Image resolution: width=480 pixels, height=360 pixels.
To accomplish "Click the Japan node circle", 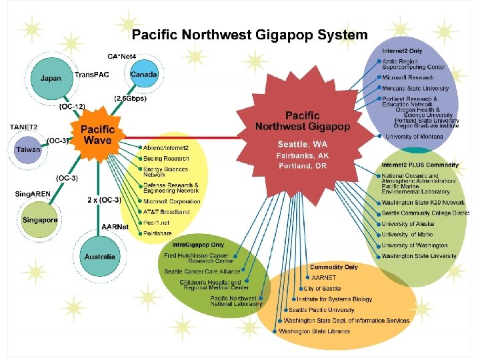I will pyautogui.click(x=51, y=78).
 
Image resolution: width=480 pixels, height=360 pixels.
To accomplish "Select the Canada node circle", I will pyautogui.click(x=144, y=75).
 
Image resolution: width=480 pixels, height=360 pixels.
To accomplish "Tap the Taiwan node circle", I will pyautogui.click(x=28, y=149).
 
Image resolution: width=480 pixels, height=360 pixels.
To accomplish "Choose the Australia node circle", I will pyautogui.click(x=99, y=256).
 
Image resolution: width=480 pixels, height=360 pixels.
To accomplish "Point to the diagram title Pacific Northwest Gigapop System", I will pyautogui.click(x=249, y=35).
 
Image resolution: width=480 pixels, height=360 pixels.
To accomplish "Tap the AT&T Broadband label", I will pyautogui.click(x=166, y=212).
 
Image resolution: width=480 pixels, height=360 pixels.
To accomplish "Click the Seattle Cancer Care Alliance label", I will pyautogui.click(x=203, y=271).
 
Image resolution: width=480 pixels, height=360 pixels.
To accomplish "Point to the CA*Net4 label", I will pyautogui.click(x=122, y=55).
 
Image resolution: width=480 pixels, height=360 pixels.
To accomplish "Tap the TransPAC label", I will pyautogui.click(x=93, y=75).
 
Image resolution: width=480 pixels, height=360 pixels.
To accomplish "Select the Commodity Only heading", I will pyautogui.click(x=333, y=267).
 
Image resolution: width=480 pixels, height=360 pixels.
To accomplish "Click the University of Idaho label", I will pyautogui.click(x=407, y=235).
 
